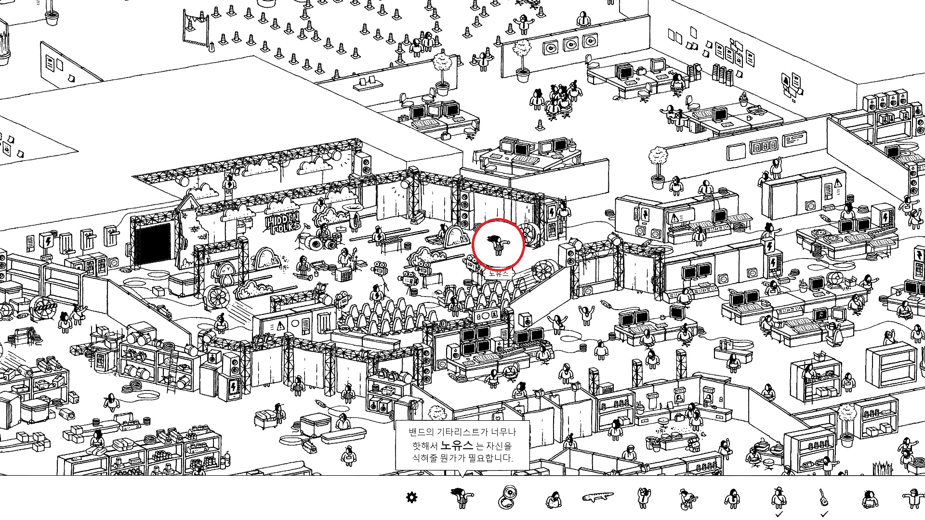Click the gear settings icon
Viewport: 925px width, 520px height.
[411, 497]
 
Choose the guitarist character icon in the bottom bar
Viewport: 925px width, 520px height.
[687, 498]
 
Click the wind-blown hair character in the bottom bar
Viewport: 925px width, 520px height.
[462, 497]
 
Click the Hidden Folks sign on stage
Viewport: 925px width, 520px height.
[283, 222]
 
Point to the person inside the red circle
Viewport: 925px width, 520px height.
[498, 245]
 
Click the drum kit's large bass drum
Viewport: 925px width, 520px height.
[316, 244]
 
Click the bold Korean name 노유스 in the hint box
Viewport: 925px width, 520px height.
[456, 445]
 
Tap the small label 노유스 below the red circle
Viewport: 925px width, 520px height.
[498, 273]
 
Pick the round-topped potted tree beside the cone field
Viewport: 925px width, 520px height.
[442, 72]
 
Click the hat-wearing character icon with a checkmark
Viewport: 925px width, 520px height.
[778, 497]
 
